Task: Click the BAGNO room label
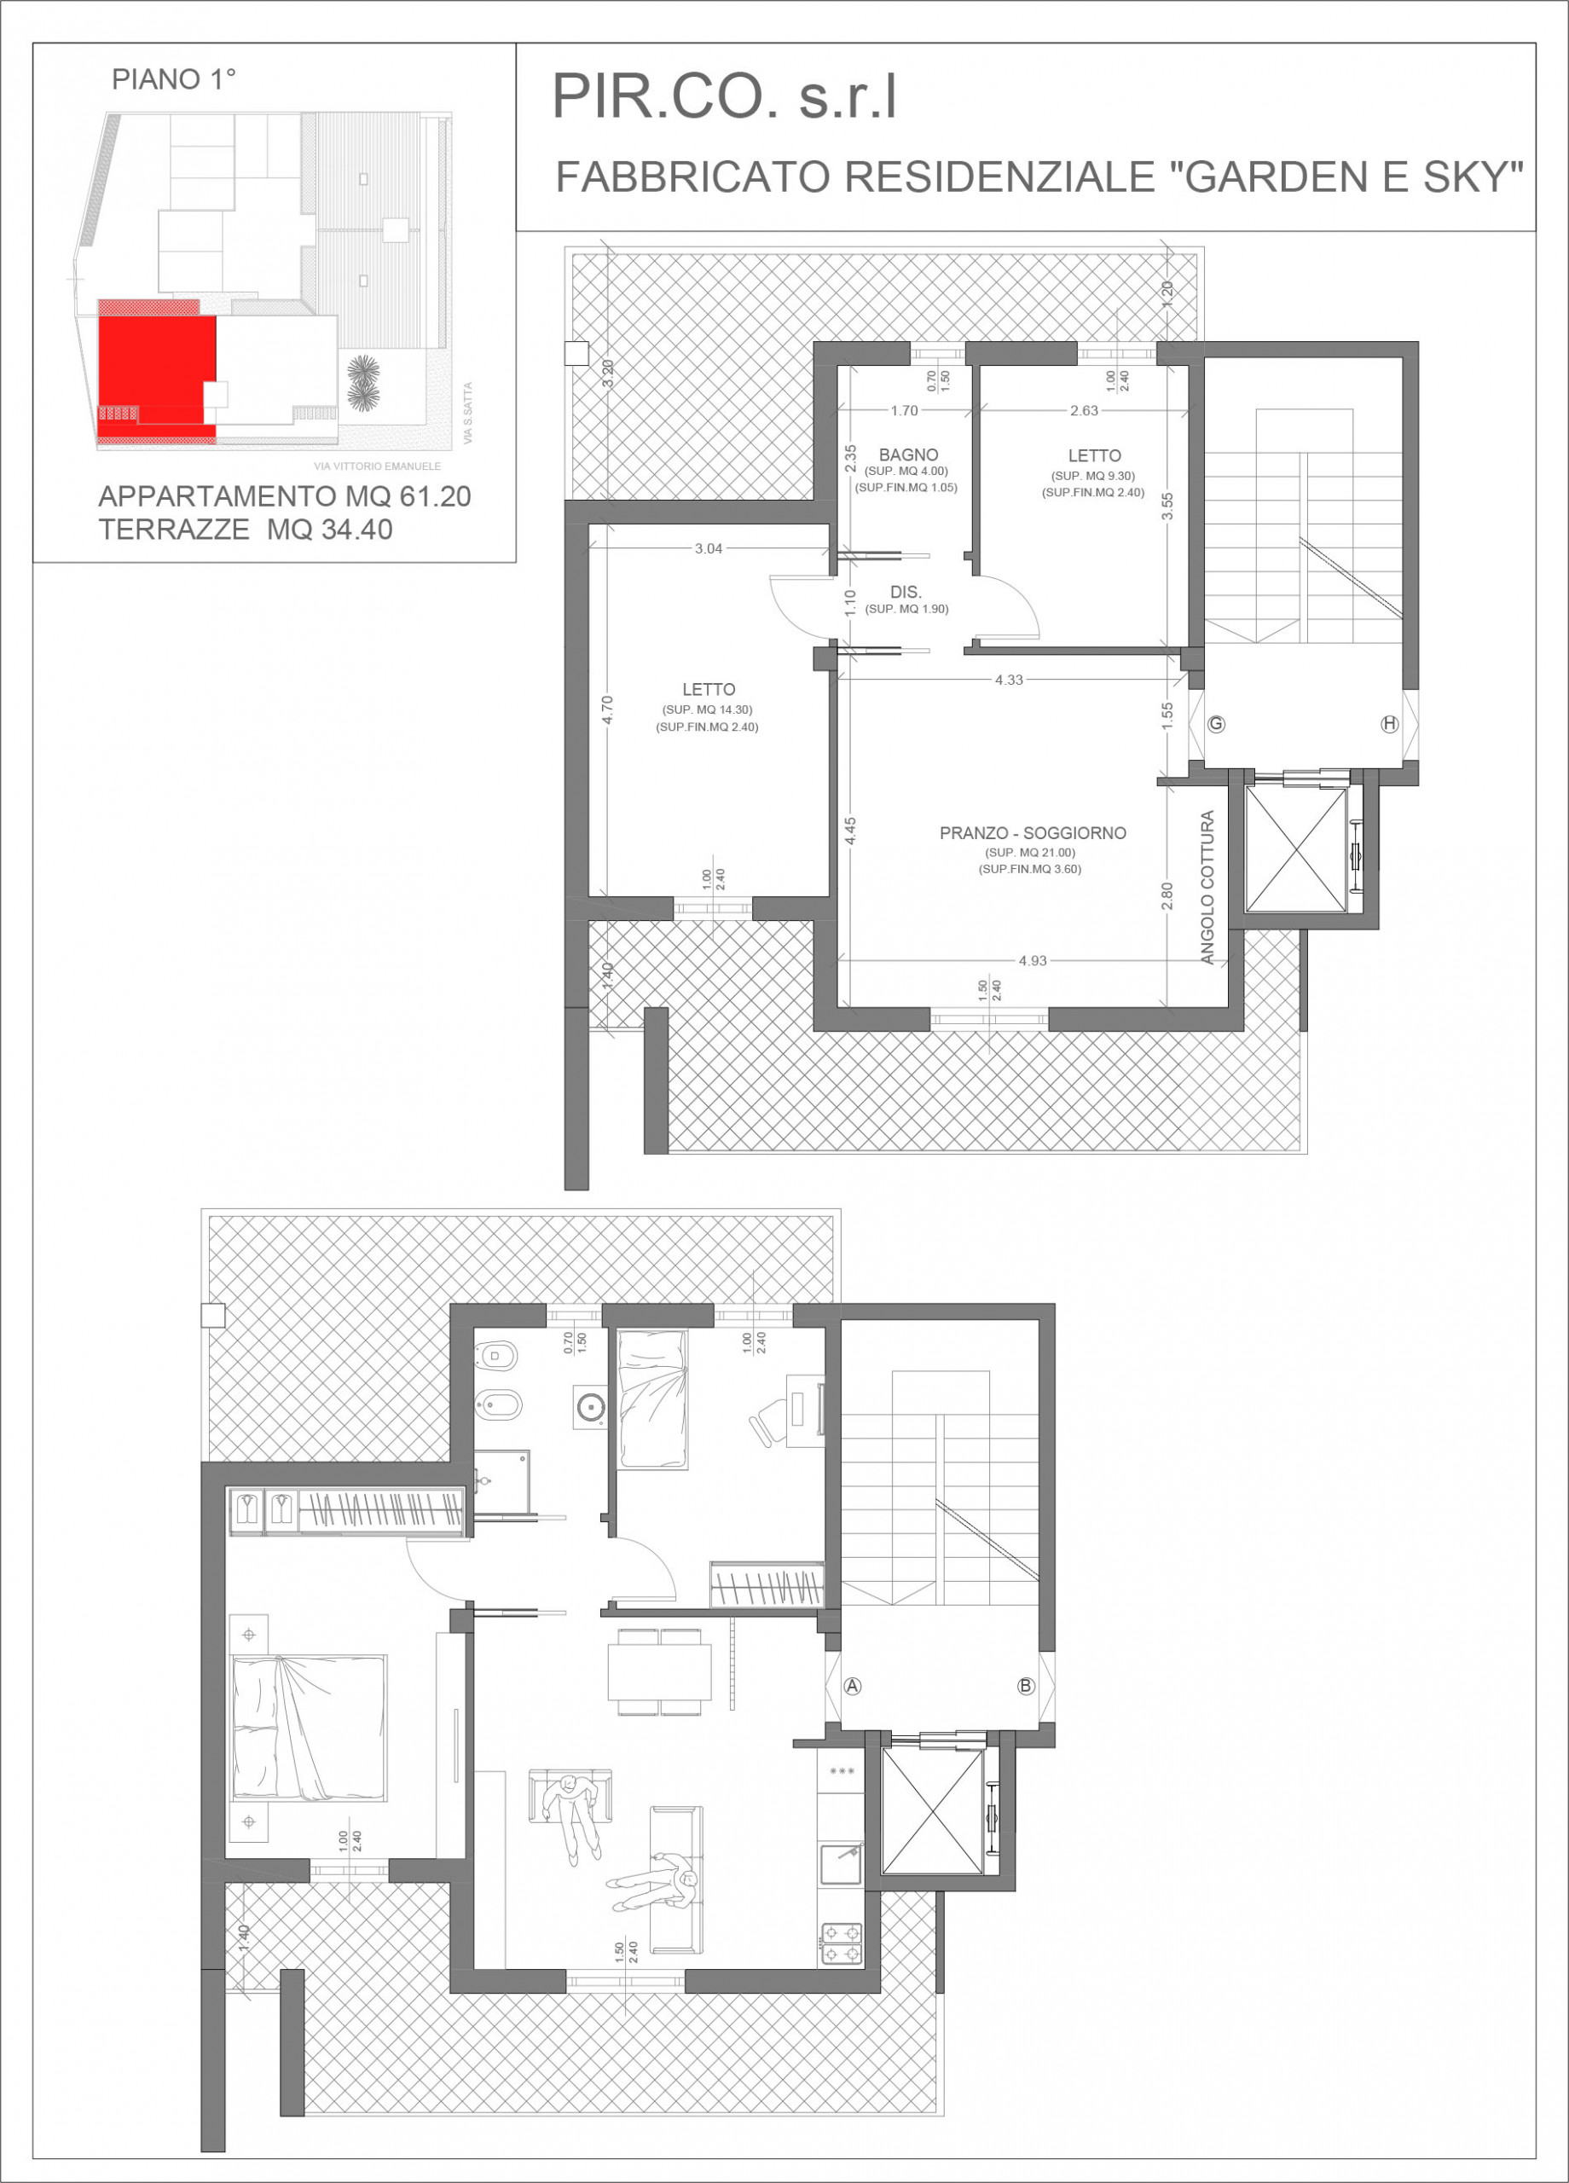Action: pyautogui.click(x=907, y=455)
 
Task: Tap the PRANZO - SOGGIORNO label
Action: pyautogui.click(x=1033, y=833)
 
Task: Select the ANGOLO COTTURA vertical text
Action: pyautogui.click(x=1207, y=888)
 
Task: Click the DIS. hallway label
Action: pyautogui.click(x=906, y=592)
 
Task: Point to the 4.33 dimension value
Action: pyautogui.click(x=1009, y=680)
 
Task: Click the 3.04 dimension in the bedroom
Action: pyautogui.click(x=709, y=548)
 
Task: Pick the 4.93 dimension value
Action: pyautogui.click(x=1033, y=960)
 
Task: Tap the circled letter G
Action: pyautogui.click(x=1217, y=724)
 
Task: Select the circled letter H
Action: pyautogui.click(x=1389, y=724)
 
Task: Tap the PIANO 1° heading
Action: pyautogui.click(x=174, y=79)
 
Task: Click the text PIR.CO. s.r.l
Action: pyautogui.click(x=724, y=96)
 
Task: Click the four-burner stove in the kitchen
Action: pyautogui.click(x=842, y=1944)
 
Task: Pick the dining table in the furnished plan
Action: pyautogui.click(x=659, y=1672)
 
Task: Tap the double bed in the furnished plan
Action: pyautogui.click(x=309, y=1728)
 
